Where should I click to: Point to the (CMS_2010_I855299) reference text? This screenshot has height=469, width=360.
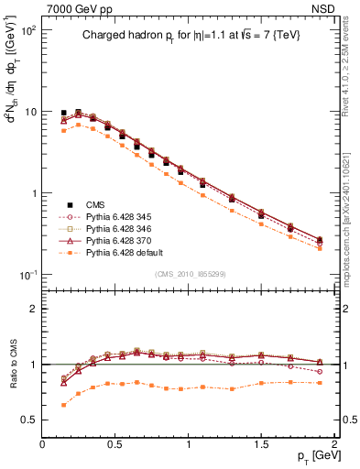coord(189,274)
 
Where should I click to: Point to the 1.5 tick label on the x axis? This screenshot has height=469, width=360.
coord(262,444)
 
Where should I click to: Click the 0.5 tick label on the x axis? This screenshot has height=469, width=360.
coord(115,444)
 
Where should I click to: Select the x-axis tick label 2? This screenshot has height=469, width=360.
coord(335,444)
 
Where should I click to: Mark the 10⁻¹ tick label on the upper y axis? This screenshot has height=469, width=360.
coord(29,275)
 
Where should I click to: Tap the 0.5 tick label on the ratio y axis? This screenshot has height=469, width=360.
coord(30,420)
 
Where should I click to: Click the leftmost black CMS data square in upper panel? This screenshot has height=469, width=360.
coord(63,113)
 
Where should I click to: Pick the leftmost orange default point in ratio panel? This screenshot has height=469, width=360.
coord(63,404)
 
